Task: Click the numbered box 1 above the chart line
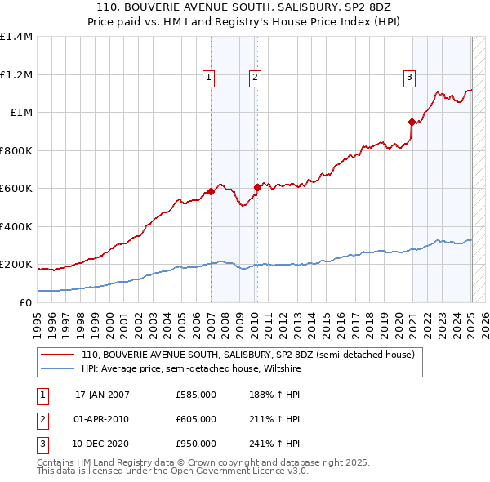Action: (x=209, y=78)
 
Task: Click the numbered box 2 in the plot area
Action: (x=255, y=78)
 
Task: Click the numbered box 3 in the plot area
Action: (x=409, y=78)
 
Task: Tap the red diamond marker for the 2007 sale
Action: (x=211, y=191)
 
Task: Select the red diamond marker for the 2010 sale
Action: (x=257, y=187)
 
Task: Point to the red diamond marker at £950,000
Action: (x=412, y=122)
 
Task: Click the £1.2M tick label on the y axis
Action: (x=16, y=74)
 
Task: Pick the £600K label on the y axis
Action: (x=16, y=189)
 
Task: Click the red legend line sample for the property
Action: (x=57, y=355)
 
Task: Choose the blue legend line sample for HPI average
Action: (x=57, y=368)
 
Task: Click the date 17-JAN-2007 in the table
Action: (x=102, y=395)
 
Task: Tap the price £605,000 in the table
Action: (x=196, y=419)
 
